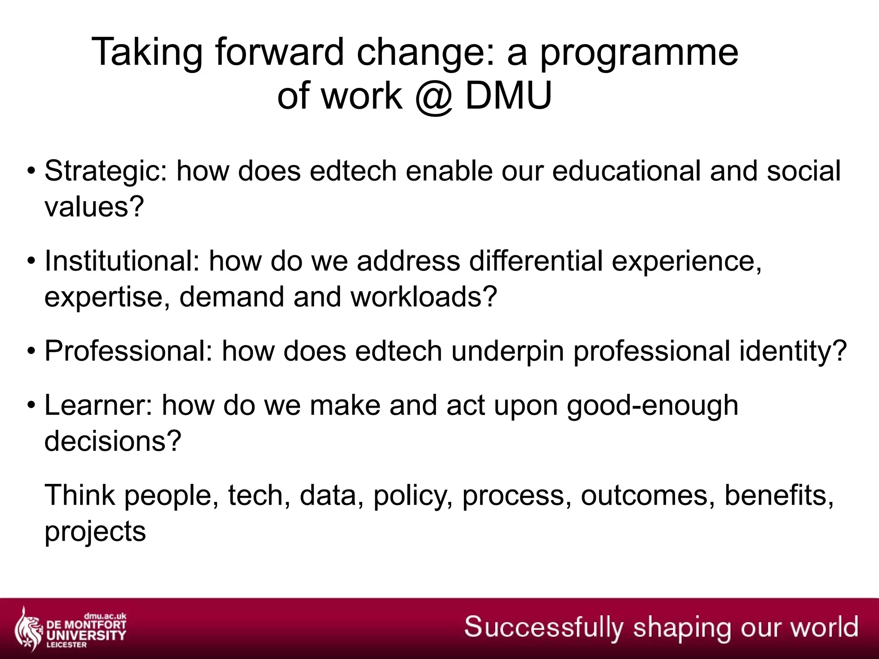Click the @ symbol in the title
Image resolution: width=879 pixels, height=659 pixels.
pyautogui.click(x=433, y=96)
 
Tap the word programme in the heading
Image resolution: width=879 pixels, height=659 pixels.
pyautogui.click(x=639, y=53)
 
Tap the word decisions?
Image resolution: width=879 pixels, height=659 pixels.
pyautogui.click(x=113, y=441)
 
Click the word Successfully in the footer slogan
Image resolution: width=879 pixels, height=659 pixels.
pyautogui.click(x=543, y=627)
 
